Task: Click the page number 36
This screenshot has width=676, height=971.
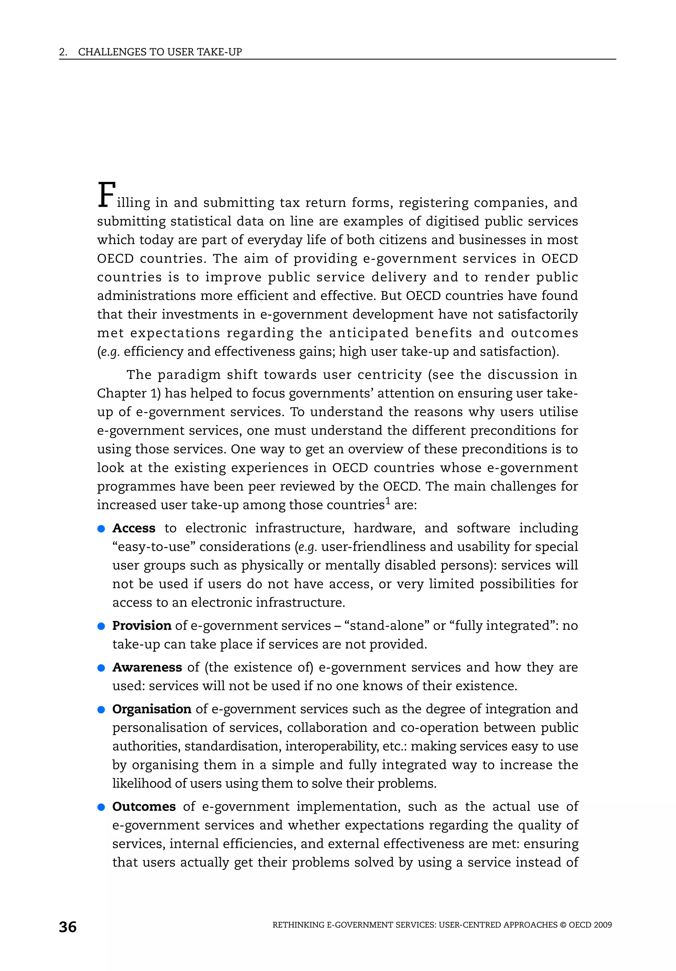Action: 68,927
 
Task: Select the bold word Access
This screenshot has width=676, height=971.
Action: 134,528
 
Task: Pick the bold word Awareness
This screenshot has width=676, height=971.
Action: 147,667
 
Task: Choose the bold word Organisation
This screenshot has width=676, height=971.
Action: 152,709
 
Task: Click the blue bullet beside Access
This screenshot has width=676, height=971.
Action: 101,529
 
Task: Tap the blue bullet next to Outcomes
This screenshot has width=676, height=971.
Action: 101,807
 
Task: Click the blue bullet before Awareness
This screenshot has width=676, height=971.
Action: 101,668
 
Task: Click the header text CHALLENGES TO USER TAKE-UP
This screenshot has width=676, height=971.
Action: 160,52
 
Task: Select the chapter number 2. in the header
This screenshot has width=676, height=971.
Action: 63,52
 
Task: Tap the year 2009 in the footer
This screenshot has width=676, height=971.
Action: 602,925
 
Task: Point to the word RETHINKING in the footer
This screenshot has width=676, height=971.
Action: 298,925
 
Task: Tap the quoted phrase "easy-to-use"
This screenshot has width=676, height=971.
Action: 153,547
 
